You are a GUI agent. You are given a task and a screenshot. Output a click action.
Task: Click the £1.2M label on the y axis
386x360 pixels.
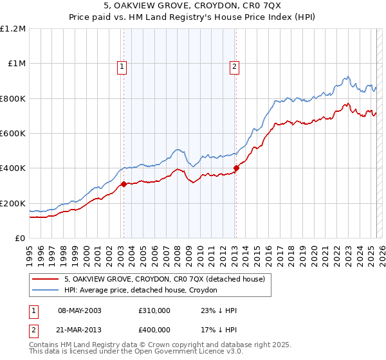pos(13,28)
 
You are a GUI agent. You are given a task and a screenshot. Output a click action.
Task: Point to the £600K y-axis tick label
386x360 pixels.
pos(13,134)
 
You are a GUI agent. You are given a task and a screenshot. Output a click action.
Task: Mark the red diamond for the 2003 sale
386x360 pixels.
pos(124,184)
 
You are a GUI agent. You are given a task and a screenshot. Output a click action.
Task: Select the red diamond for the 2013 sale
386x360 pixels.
pos(236,168)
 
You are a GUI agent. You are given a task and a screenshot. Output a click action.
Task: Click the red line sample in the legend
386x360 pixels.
pos(45,279)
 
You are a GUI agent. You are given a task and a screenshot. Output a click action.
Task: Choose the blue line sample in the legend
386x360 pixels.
pos(45,290)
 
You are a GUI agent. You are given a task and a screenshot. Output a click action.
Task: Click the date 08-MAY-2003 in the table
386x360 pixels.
pos(80,310)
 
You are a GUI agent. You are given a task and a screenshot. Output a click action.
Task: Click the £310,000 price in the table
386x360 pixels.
pos(154,310)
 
